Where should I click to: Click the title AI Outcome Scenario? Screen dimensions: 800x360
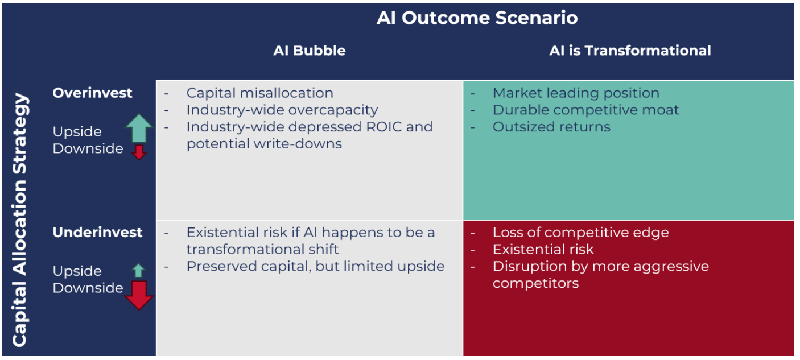(477, 18)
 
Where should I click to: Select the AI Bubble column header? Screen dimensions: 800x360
(310, 51)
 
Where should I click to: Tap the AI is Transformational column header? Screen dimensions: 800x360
(630, 51)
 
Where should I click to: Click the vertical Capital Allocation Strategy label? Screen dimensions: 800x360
(20, 220)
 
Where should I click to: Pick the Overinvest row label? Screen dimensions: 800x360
(92, 93)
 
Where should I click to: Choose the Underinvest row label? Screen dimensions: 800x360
(97, 233)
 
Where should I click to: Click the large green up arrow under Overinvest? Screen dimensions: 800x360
(139, 128)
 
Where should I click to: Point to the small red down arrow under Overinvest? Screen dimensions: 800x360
(139, 152)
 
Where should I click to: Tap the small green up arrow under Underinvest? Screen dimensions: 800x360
(139, 271)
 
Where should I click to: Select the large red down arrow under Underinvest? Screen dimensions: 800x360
(139, 295)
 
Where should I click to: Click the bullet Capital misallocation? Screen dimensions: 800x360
(259, 93)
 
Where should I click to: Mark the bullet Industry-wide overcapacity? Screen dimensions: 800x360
(282, 110)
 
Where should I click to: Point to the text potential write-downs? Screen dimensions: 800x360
(264, 144)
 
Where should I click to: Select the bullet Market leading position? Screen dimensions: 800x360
(576, 93)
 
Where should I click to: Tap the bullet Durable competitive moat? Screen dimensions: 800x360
(585, 110)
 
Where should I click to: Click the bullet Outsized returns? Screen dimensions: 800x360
(551, 127)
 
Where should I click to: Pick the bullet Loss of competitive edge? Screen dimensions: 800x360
(581, 233)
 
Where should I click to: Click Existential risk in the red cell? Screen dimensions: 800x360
(543, 249)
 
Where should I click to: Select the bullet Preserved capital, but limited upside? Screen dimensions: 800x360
(315, 266)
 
